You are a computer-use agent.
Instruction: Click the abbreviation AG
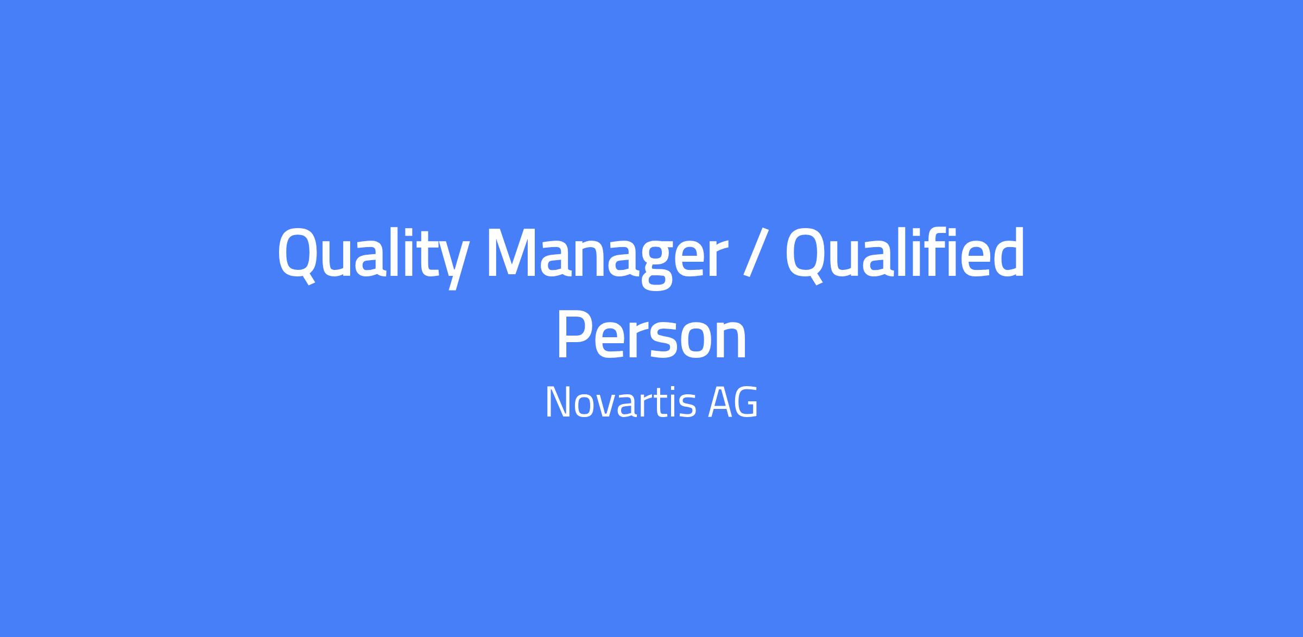[732, 402]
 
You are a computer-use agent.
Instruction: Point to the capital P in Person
[574, 336]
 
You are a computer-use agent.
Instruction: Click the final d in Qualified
[1007, 253]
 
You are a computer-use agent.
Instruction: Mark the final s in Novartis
[687, 407]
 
